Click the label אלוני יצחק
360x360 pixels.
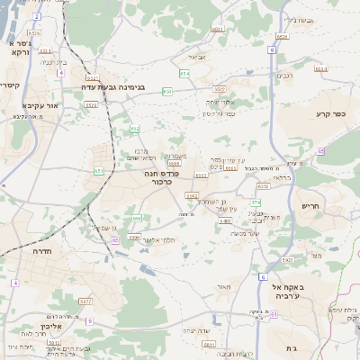pyautogui.click(x=220, y=102)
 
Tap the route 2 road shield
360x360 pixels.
pyautogui.click(x=36, y=17)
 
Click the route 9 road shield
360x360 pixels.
pyautogui.click(x=88, y=319)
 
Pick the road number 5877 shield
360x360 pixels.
pyautogui.click(x=85, y=301)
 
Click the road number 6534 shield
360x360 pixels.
pyautogui.click(x=283, y=35)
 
